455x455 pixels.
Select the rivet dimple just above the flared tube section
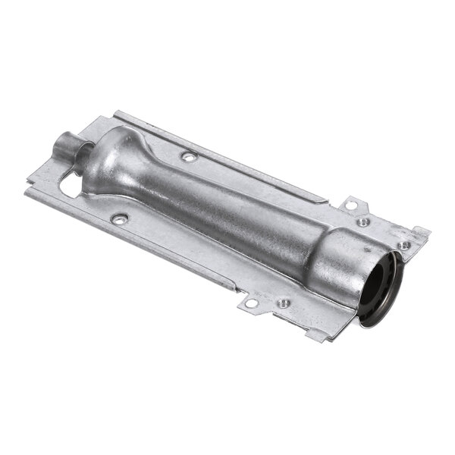click(x=188, y=156)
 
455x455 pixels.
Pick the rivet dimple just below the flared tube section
click(x=118, y=218)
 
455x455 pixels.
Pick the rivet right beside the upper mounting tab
click(x=365, y=221)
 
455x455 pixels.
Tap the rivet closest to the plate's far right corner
click(x=404, y=245)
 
